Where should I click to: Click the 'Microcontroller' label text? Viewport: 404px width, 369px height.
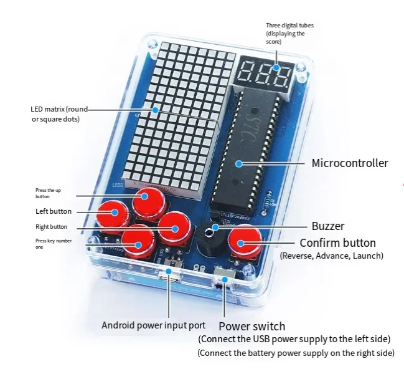click(349, 163)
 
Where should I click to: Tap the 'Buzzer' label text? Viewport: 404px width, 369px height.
click(327, 226)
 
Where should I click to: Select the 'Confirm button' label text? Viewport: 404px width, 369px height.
click(337, 242)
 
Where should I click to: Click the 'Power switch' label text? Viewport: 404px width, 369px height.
click(251, 326)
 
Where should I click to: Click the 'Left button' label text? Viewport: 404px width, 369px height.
click(53, 211)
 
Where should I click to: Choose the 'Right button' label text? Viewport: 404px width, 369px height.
click(51, 227)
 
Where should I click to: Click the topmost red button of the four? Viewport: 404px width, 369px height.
click(150, 199)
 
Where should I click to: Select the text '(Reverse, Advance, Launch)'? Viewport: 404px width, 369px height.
click(331, 256)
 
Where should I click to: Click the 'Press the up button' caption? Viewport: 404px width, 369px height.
click(48, 193)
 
